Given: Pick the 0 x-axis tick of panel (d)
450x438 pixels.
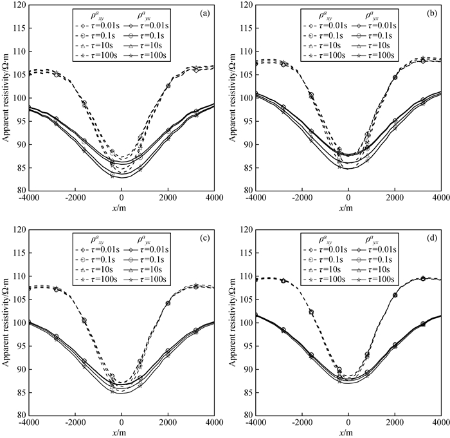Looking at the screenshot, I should tap(348, 423).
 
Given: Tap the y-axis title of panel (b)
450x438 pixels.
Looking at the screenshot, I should tap(233, 98).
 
